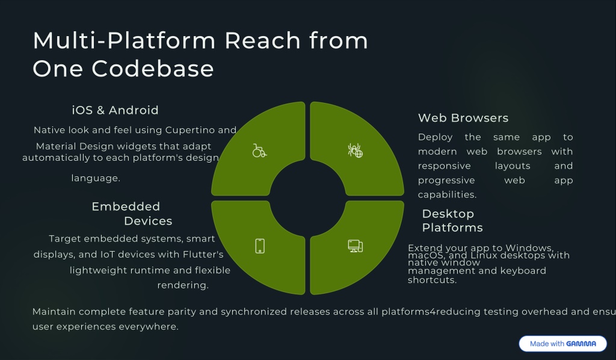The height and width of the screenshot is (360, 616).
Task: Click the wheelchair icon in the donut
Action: click(x=259, y=151)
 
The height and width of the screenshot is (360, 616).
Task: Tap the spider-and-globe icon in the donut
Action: click(x=355, y=151)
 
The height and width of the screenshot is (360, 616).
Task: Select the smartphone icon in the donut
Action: click(x=260, y=246)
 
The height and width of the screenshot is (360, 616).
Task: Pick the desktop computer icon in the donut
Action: click(x=355, y=246)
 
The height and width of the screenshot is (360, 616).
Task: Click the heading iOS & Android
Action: click(x=115, y=110)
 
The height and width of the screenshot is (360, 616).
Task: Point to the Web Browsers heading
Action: click(x=463, y=118)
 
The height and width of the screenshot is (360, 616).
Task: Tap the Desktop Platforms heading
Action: click(x=452, y=220)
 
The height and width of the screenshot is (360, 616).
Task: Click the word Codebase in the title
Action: click(x=153, y=69)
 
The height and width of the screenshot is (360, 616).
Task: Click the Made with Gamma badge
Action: click(x=562, y=344)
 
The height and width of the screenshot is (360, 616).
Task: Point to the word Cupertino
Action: click(x=195, y=130)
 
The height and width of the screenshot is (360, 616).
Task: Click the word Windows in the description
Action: click(x=529, y=248)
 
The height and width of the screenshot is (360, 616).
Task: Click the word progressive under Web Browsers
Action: click(x=446, y=181)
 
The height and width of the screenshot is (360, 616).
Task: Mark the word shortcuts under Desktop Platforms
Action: click(x=432, y=280)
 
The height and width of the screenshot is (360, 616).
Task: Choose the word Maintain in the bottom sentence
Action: click(x=54, y=311)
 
